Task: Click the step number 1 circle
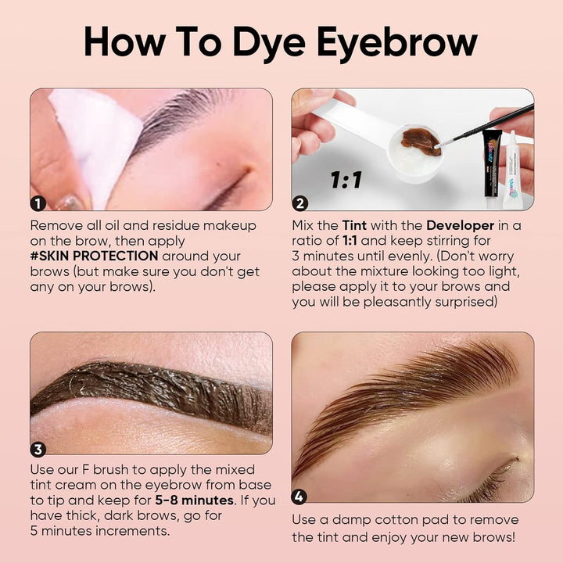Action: tap(38, 203)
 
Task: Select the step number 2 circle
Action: tap(299, 203)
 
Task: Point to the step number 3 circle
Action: tap(38, 449)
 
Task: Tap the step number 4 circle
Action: tap(299, 497)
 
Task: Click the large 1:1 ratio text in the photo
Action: tap(346, 180)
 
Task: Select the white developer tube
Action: tap(513, 170)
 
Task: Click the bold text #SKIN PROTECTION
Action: tap(94, 256)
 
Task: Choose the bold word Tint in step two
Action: tap(354, 225)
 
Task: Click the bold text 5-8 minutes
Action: tap(194, 500)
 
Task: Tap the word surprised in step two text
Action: tap(466, 302)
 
